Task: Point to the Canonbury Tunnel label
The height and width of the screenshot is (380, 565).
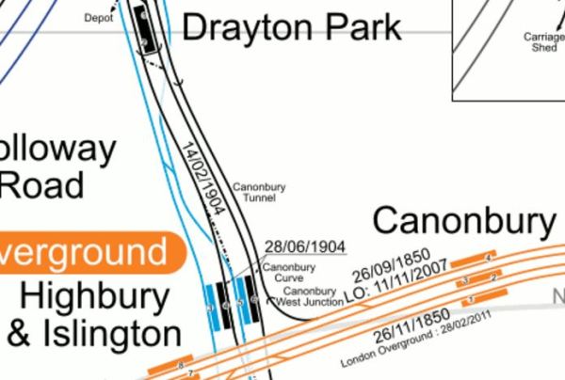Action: (259, 193)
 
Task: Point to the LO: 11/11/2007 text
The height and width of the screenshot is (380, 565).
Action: (395, 281)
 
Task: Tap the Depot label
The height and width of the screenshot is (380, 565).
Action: (98, 17)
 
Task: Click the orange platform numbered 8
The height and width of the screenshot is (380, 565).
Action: (180, 362)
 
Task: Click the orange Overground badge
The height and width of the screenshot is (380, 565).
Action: (85, 252)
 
